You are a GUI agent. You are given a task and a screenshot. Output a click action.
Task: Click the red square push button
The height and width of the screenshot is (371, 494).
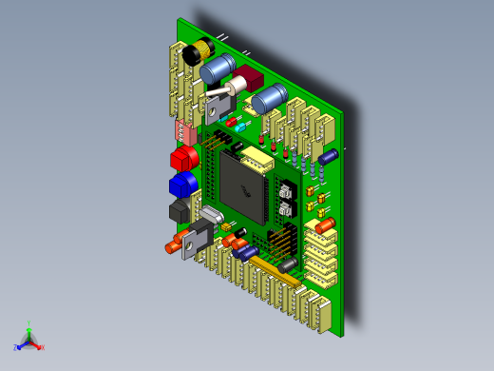(x=180, y=157)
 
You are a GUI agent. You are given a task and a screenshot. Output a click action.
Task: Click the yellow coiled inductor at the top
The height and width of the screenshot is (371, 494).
(x=199, y=52)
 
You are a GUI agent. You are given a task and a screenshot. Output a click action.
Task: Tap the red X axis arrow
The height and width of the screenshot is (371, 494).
(x=40, y=347)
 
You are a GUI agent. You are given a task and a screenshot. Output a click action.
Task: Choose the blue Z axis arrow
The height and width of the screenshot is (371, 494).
(x=18, y=346)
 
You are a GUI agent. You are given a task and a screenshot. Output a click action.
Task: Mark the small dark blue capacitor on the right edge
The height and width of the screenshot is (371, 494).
(x=329, y=155)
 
